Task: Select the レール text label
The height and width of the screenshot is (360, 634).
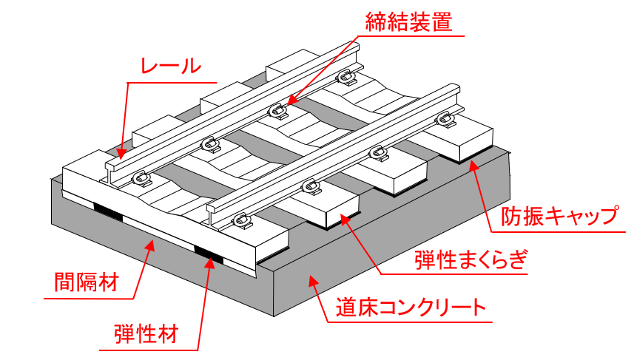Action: [171, 66]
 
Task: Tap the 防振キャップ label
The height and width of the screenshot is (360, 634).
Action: [559, 217]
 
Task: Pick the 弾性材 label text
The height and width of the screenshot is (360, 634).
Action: [146, 330]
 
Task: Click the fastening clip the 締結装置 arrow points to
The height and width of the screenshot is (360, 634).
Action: [279, 110]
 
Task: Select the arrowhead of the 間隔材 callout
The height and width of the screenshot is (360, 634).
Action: [153, 245]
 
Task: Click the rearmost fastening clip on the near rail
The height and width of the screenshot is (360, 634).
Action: [443, 118]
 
